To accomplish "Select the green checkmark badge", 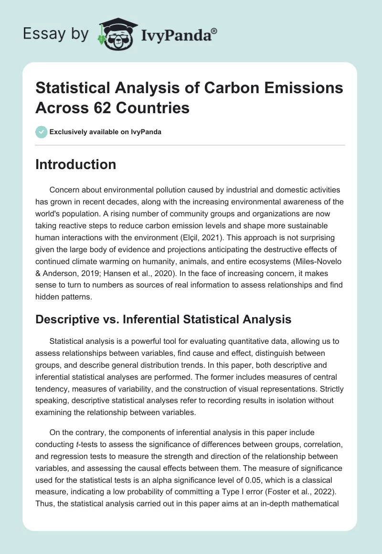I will (x=41, y=132).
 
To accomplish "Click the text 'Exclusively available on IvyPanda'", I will (x=105, y=132).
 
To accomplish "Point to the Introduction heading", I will (x=76, y=164).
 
